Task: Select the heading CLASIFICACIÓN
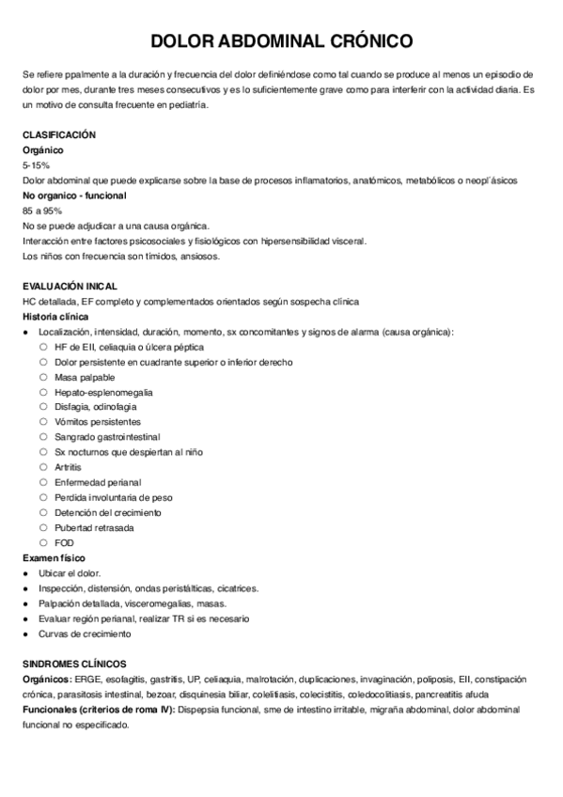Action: click(x=58, y=135)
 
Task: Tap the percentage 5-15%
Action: click(x=35, y=164)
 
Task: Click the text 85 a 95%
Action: click(x=42, y=211)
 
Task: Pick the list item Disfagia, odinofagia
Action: click(x=96, y=407)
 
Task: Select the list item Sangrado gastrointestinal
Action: click(x=108, y=437)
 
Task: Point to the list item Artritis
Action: click(x=68, y=467)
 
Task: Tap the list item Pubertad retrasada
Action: click(x=94, y=527)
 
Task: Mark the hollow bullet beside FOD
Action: click(x=43, y=542)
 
